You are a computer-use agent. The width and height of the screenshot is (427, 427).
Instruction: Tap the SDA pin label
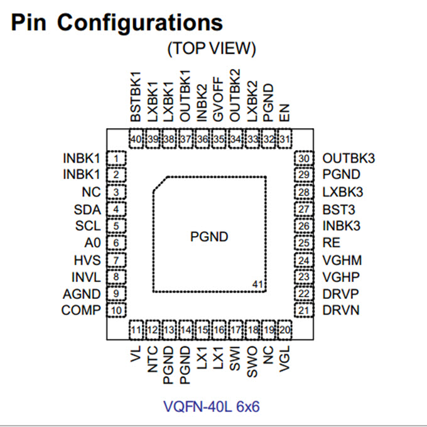pos(87,209)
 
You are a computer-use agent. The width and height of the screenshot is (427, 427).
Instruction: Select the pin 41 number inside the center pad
pos(257,284)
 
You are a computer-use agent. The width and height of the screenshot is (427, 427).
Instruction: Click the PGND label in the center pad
pos(209,237)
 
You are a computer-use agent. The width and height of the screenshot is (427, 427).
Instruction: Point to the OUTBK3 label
pos(349,158)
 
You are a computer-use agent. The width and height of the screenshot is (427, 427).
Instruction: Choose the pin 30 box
pos(304,159)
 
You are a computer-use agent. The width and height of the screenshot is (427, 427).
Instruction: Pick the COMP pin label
pos(80,310)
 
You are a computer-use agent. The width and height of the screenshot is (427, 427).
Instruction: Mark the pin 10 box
pos(116,310)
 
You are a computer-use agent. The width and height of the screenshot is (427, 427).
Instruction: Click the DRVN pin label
pos(341,310)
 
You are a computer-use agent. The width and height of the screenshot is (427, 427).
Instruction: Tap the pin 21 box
pos(304,310)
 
